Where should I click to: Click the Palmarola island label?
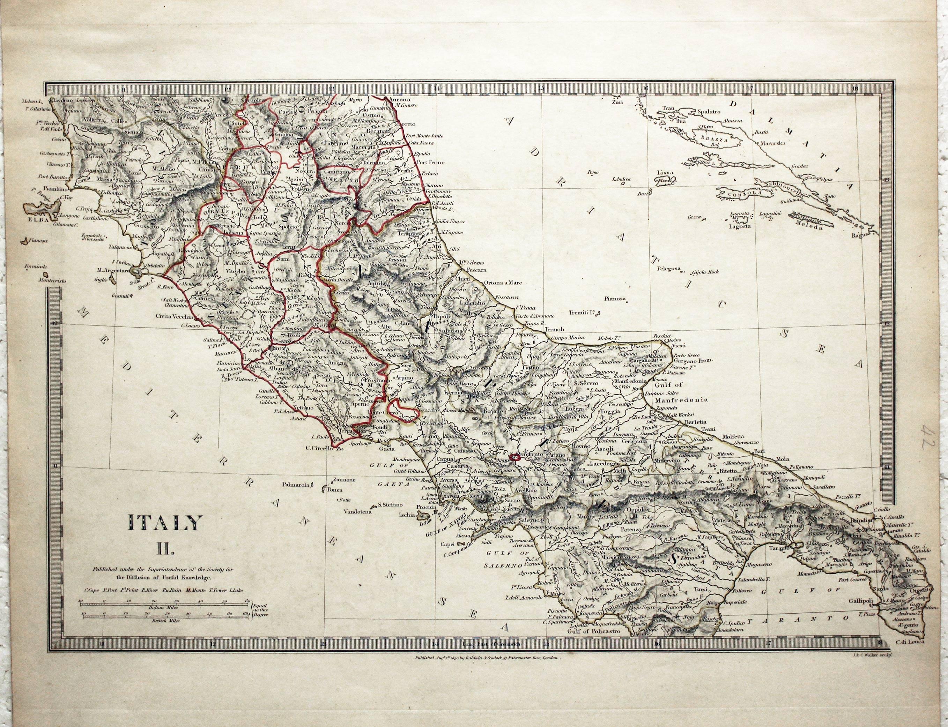pyautogui.click(x=297, y=485)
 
